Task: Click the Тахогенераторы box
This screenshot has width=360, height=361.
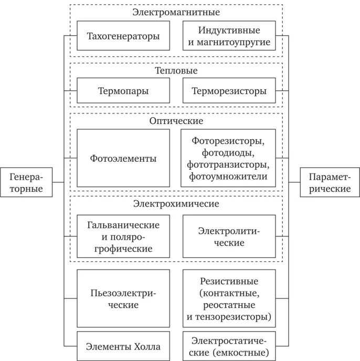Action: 123,36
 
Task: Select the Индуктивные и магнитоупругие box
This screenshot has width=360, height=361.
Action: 229,36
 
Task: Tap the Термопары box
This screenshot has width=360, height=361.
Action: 123,91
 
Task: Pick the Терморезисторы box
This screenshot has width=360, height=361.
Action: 229,91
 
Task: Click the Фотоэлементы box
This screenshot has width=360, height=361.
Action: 123,158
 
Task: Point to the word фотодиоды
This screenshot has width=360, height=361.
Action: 228,153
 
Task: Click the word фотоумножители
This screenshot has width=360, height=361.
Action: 228,177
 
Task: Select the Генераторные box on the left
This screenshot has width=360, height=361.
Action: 26,182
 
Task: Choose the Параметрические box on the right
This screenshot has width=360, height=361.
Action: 330,182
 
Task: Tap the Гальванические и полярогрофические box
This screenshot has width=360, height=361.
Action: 123,236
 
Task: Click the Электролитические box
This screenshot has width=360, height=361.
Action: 229,236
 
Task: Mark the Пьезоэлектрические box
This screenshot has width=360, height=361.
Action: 123,298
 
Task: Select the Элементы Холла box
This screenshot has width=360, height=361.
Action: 123,346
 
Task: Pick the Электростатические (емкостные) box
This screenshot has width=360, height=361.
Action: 229,346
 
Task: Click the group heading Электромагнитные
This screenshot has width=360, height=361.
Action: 176,12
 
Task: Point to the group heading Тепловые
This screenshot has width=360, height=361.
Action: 176,70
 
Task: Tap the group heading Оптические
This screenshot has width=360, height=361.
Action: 176,121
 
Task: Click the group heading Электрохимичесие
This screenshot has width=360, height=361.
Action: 176,203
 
